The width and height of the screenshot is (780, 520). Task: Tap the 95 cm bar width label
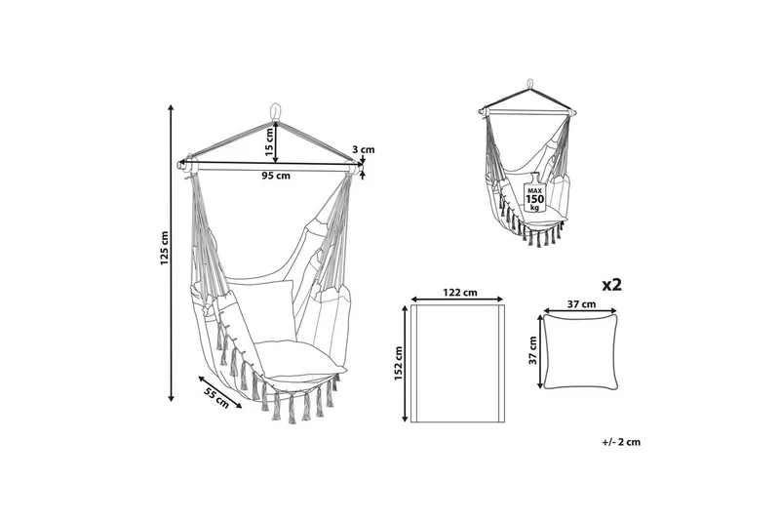(x=276, y=176)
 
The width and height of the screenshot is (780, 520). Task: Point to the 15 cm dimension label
(x=269, y=142)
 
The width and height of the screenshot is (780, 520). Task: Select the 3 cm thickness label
(x=363, y=149)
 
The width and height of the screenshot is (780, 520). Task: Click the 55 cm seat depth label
(x=216, y=398)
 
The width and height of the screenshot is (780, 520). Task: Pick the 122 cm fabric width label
(x=459, y=292)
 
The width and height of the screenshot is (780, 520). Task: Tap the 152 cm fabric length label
(x=399, y=364)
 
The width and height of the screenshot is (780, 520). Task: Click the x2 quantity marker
(x=612, y=285)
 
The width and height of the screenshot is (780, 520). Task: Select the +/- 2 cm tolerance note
(x=621, y=442)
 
